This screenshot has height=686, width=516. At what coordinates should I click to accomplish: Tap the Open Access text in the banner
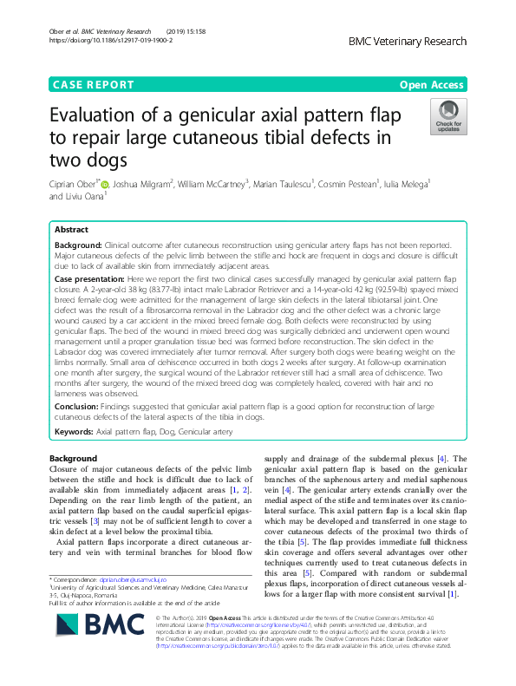point(432,85)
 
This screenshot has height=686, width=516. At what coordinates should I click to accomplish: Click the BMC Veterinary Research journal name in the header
point(407,41)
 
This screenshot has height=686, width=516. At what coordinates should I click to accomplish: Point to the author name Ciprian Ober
point(74,184)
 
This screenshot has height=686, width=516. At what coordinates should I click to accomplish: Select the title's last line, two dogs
point(89,160)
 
